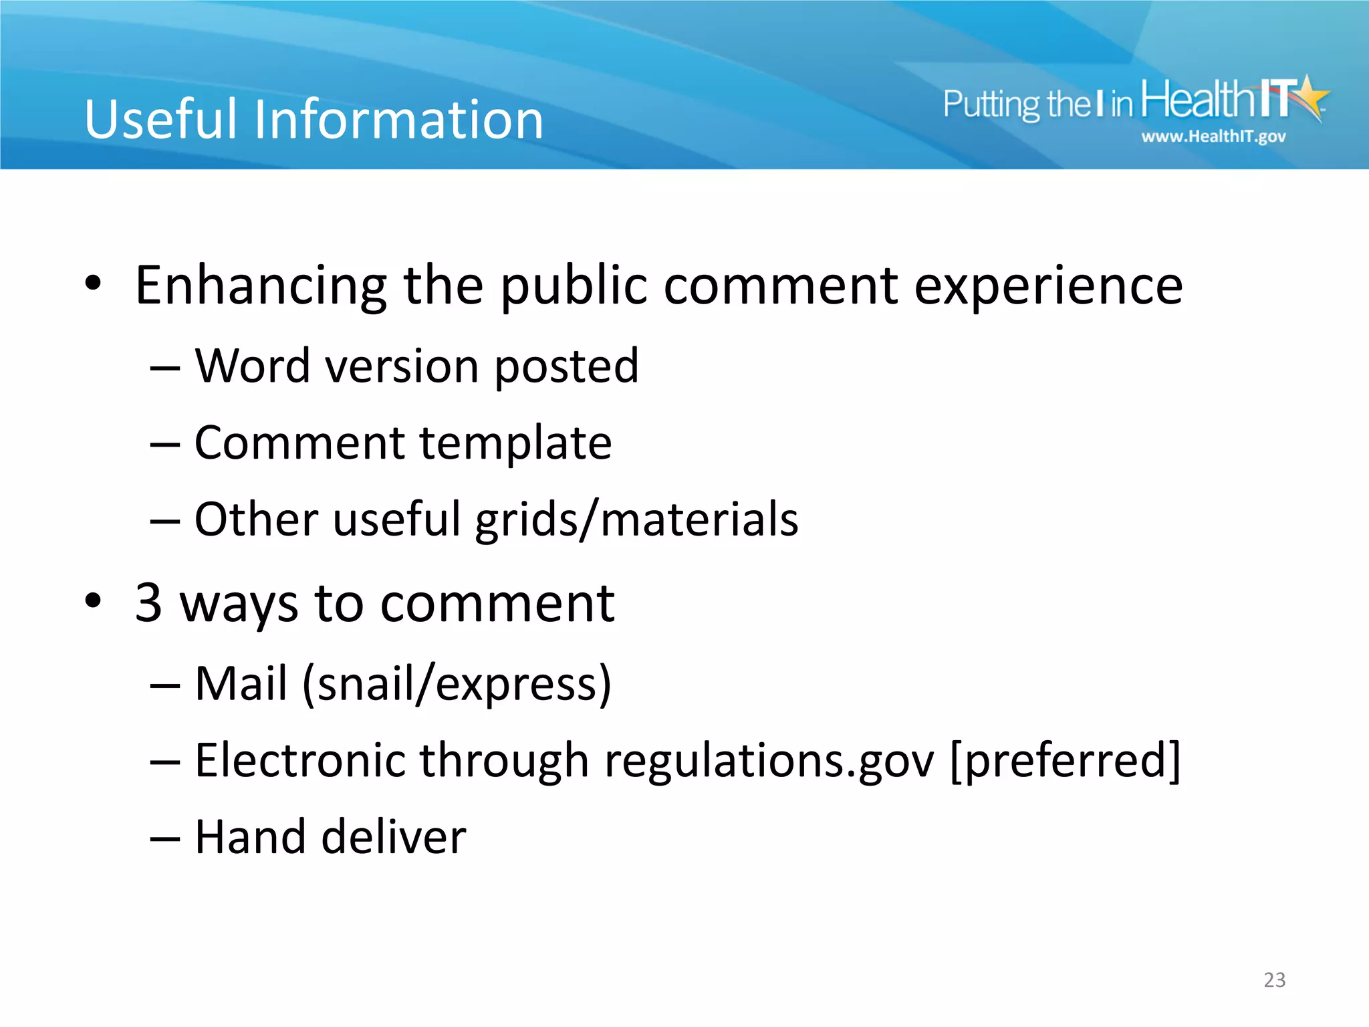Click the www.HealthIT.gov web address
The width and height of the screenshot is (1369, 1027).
point(1213,137)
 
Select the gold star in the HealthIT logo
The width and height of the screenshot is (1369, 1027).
point(1311,97)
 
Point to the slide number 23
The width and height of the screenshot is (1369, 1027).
point(1274,980)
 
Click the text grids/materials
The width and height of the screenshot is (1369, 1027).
point(636,520)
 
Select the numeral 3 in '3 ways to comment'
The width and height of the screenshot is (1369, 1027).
point(148,602)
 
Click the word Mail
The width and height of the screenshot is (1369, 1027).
point(241,684)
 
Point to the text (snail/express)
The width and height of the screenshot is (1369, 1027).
point(457,685)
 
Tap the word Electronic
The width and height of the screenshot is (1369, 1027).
point(300,761)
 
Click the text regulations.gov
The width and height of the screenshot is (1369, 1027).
point(769,762)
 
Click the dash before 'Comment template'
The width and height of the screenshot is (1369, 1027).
point(164,444)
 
